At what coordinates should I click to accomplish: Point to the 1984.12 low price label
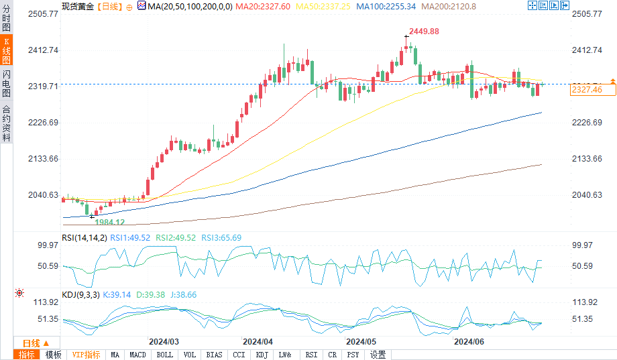tap(109, 222)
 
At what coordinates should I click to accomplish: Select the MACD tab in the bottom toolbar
tap(138, 355)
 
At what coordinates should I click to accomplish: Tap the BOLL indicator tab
tap(164, 355)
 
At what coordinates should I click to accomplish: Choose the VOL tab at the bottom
tap(190, 355)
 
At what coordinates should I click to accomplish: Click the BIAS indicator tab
tap(215, 355)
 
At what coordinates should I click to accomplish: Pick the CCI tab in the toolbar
tap(239, 355)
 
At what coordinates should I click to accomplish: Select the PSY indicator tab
tap(353, 355)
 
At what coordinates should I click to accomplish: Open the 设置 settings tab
tap(378, 355)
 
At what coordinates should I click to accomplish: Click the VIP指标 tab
tap(86, 355)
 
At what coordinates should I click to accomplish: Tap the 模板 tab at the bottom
tap(53, 355)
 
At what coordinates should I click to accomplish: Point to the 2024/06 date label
tap(469, 341)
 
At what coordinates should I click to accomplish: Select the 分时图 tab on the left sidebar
tap(6, 19)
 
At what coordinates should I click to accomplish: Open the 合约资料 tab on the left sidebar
tap(6, 123)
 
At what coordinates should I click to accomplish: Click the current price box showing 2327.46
tap(586, 89)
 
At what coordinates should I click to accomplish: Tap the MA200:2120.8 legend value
tap(449, 5)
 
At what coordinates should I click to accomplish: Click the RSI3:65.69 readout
tap(226, 237)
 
